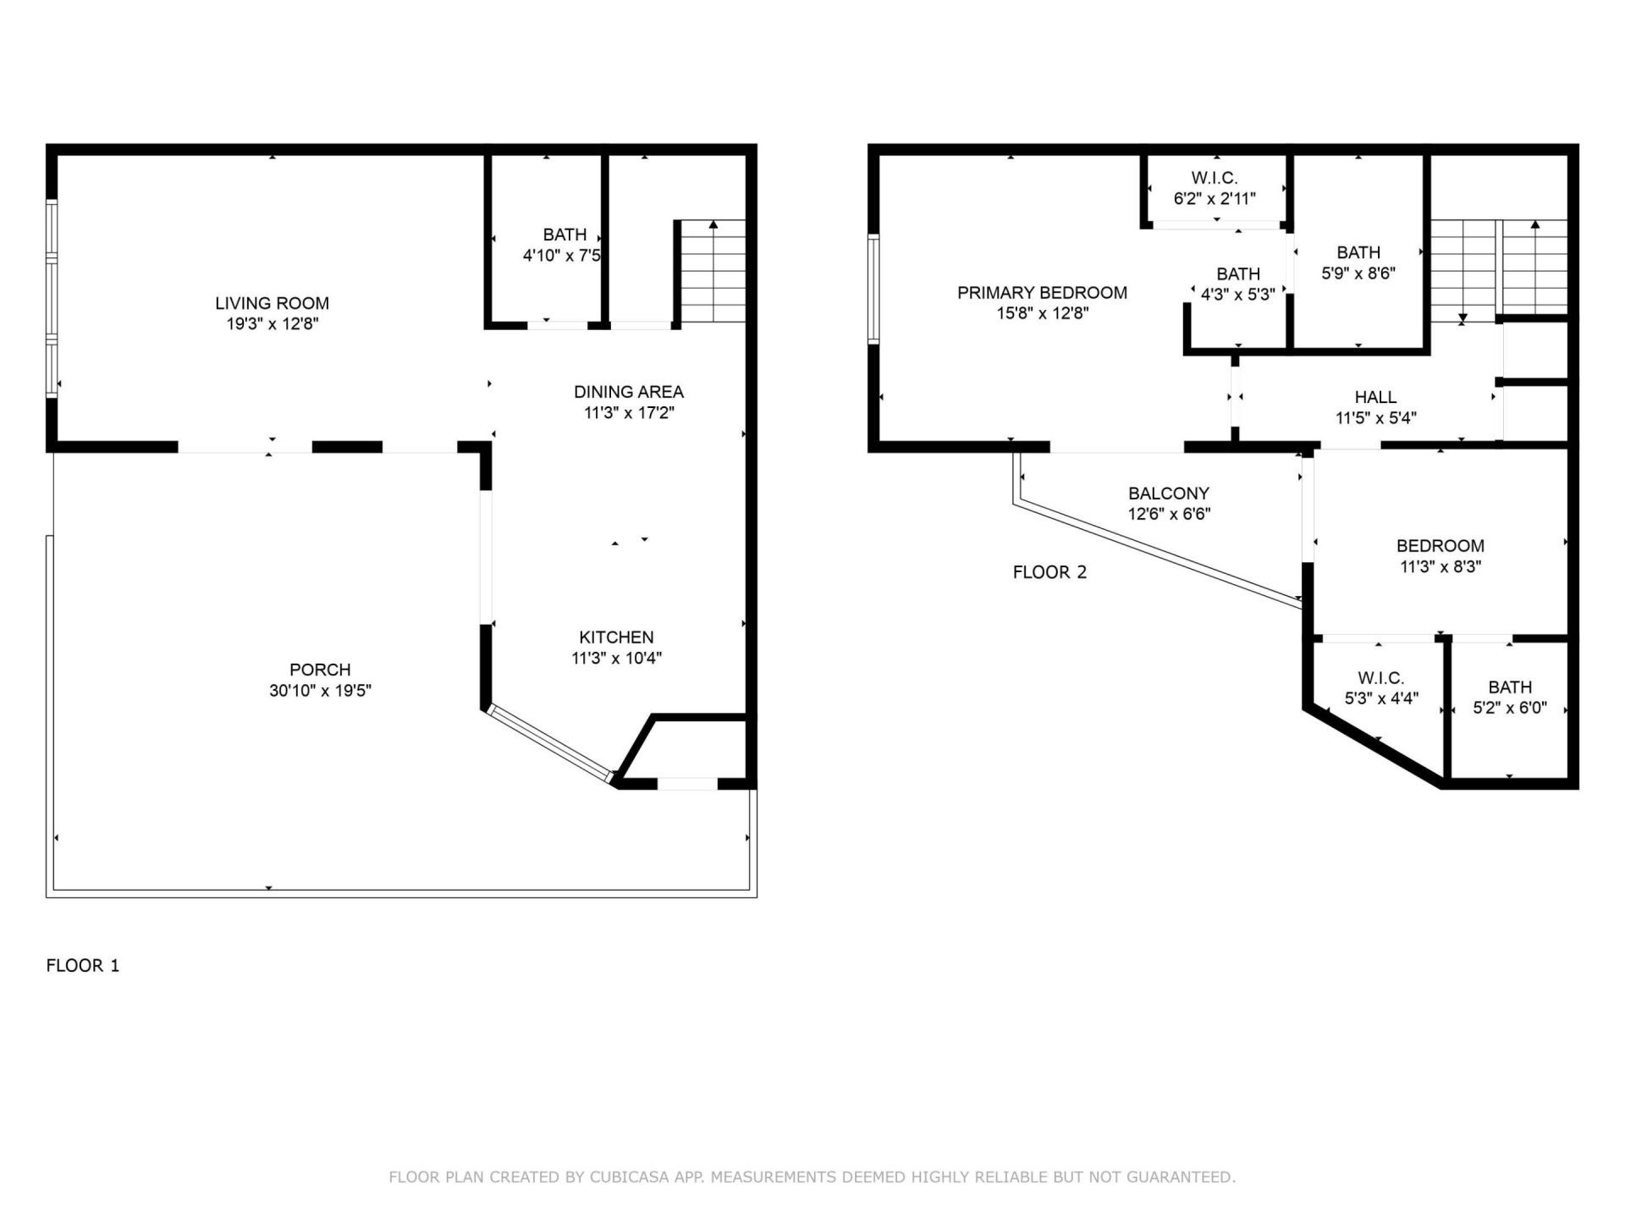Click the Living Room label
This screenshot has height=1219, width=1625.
pyautogui.click(x=272, y=303)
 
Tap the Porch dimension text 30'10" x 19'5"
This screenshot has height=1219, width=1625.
pyautogui.click(x=320, y=691)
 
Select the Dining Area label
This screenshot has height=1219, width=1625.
pyautogui.click(x=628, y=392)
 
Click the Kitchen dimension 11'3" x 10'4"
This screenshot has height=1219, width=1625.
pyautogui.click(x=616, y=658)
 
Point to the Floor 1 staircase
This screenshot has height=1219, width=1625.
pyautogui.click(x=713, y=271)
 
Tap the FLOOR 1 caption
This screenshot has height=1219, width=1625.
pyautogui.click(x=83, y=965)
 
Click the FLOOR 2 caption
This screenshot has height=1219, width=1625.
pyautogui.click(x=1049, y=572)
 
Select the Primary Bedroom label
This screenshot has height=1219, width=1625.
pyautogui.click(x=1042, y=293)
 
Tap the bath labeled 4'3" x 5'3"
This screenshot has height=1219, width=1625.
pyautogui.click(x=1238, y=284)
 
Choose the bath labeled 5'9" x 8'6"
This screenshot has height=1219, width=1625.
pyautogui.click(x=1358, y=262)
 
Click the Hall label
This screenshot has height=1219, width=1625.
pyautogui.click(x=1375, y=397)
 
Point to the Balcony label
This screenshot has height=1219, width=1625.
pyautogui.click(x=1169, y=494)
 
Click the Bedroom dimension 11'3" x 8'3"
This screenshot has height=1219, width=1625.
pyautogui.click(x=1440, y=566)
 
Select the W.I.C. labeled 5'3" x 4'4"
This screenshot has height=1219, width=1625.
pyautogui.click(x=1381, y=688)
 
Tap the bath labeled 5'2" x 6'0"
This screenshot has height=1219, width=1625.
pyautogui.click(x=1510, y=697)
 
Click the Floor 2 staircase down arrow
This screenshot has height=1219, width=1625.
pyautogui.click(x=1462, y=317)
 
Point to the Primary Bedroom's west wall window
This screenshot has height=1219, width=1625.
pyautogui.click(x=873, y=290)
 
